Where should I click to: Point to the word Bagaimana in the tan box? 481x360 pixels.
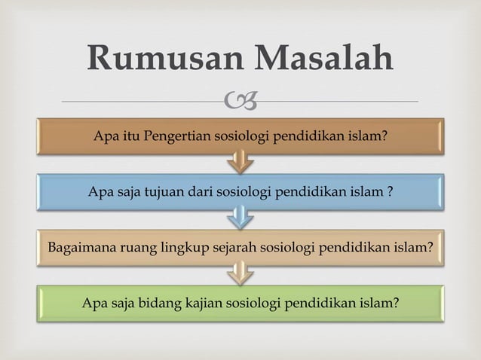tap(78, 246)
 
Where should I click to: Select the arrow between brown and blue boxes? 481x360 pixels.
tap(241, 160)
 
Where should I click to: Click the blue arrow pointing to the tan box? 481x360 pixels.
tap(241, 216)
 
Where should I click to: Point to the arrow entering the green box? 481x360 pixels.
tap(241, 273)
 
